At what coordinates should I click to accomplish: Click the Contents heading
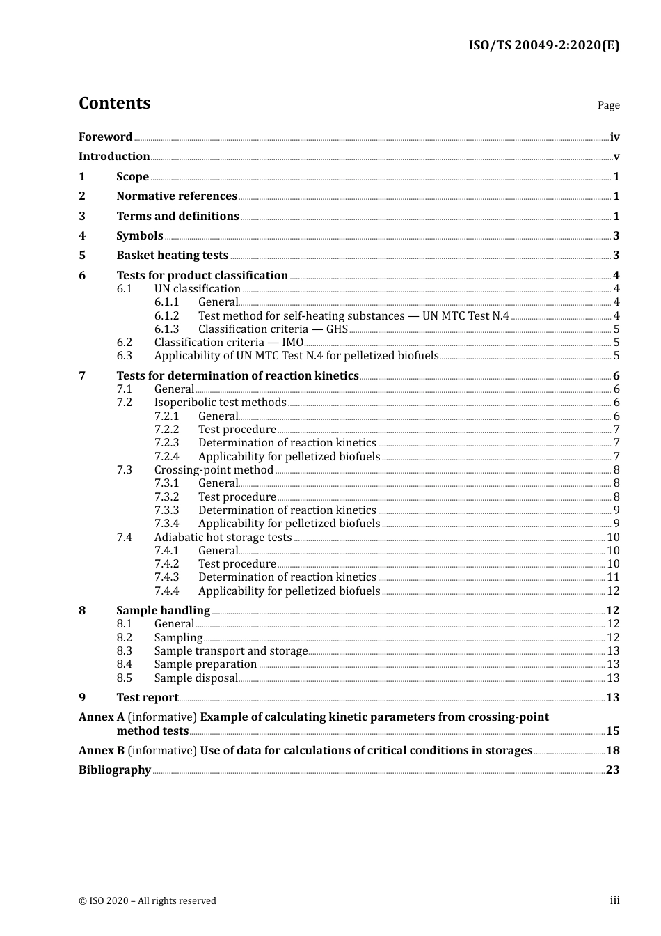[114, 103]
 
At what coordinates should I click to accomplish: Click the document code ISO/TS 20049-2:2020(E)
[543, 46]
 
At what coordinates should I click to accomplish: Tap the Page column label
[608, 105]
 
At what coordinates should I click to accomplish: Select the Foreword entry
[105, 137]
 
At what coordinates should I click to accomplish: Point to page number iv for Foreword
[614, 137]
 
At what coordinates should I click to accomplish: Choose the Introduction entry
[114, 157]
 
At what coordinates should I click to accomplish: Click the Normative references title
[177, 196]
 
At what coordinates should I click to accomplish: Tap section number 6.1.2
[166, 316]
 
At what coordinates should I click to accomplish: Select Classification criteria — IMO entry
[228, 343]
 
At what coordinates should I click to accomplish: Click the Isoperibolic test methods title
[220, 403]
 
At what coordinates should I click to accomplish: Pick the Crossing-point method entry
[214, 470]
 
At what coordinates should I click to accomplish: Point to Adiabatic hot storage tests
[223, 538]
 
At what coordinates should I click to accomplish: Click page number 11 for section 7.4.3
[613, 577]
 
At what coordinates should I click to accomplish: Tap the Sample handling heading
[163, 611]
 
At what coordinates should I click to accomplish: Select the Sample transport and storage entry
[230, 651]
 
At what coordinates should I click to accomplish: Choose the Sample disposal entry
[196, 678]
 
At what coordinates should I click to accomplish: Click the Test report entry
[147, 698]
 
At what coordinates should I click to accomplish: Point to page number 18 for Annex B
[612, 751]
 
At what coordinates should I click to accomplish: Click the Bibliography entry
[115, 770]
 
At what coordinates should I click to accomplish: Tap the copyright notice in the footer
[148, 901]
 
